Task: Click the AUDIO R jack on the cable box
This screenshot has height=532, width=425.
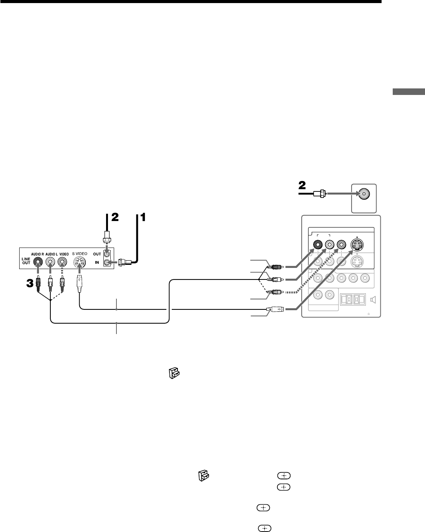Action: click(38, 262)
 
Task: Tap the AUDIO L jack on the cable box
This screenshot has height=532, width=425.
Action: click(50, 262)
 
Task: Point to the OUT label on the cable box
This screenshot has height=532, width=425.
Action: click(97, 254)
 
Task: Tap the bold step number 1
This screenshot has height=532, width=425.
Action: click(142, 218)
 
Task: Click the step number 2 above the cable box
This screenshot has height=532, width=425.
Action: click(115, 218)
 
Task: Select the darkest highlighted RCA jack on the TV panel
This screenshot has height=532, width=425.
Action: click(318, 244)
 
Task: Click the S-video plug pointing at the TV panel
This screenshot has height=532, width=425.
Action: click(276, 309)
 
